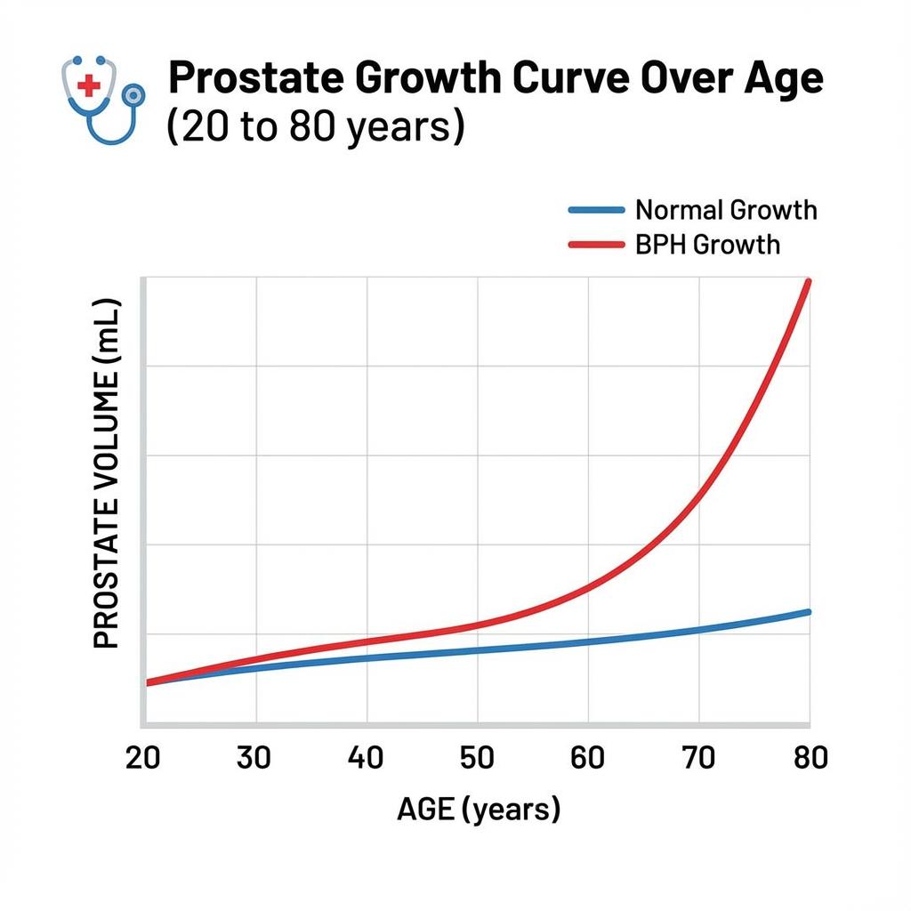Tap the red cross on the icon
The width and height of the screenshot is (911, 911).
click(x=89, y=85)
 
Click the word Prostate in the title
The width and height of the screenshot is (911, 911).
click(x=253, y=79)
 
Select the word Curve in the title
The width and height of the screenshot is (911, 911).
click(x=572, y=79)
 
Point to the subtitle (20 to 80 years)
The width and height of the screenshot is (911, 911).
click(x=315, y=126)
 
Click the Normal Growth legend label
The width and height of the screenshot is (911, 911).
click(x=726, y=211)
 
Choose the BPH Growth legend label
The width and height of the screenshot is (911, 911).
click(x=707, y=244)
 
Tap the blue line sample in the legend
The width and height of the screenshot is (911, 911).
click(x=596, y=210)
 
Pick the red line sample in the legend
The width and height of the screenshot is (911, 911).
click(x=596, y=243)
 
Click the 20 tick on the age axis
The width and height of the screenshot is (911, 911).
click(x=143, y=757)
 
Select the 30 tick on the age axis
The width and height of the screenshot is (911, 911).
click(x=255, y=757)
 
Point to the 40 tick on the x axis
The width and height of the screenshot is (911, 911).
click(x=366, y=757)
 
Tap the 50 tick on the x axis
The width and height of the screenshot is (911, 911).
click(x=477, y=757)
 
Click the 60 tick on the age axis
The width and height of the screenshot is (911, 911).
click(x=587, y=757)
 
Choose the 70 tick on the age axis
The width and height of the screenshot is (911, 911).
click(x=698, y=757)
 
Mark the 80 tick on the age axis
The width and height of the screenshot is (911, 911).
click(x=808, y=757)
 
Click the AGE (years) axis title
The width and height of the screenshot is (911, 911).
click(x=478, y=810)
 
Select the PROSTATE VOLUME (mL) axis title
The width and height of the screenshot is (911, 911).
click(x=106, y=473)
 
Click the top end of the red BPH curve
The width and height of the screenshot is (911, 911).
click(x=808, y=283)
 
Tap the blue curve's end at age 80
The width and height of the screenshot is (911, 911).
click(x=808, y=612)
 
